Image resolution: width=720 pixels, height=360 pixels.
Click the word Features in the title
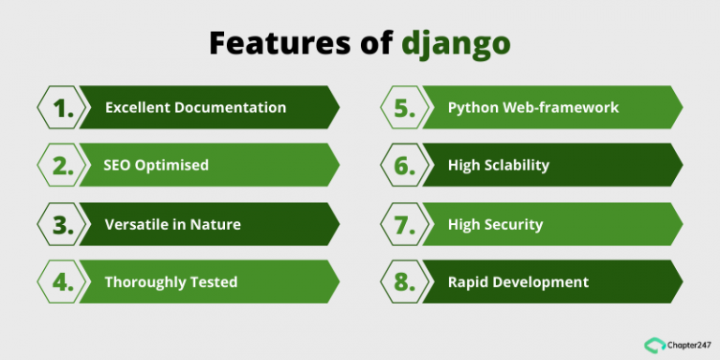(266, 42)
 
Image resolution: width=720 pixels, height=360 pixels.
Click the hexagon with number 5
(404, 108)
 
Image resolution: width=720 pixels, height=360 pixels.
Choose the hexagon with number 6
(404, 166)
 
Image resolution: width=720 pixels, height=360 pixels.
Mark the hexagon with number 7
(404, 224)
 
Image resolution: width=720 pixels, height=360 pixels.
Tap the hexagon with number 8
(404, 282)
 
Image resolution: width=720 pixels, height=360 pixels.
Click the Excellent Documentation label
(195, 108)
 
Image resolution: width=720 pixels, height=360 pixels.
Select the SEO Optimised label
(156, 166)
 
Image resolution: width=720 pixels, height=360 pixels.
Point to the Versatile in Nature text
(172, 224)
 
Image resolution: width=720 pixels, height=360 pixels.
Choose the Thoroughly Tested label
(171, 282)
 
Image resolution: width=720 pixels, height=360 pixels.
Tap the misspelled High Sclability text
(499, 166)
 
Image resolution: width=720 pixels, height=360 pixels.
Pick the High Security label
(495, 224)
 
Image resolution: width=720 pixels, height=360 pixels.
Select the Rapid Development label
(518, 282)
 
